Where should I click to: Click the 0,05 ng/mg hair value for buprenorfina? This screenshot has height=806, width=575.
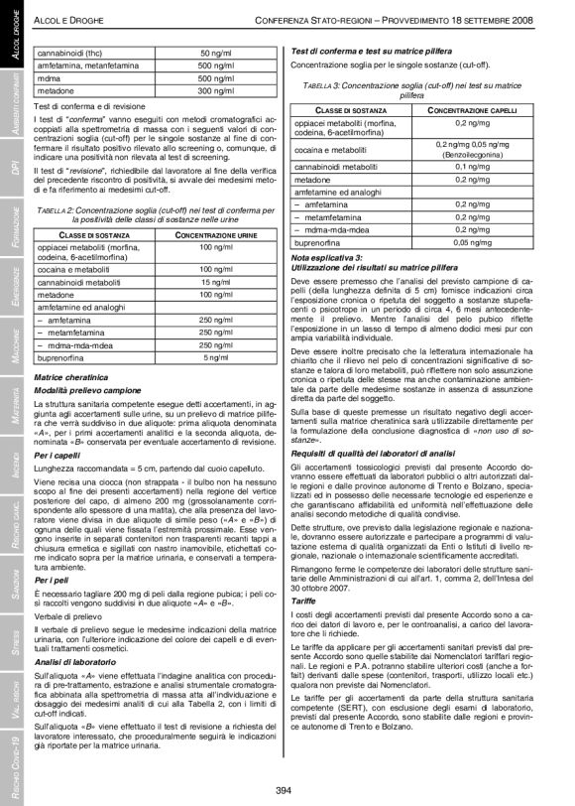(475, 241)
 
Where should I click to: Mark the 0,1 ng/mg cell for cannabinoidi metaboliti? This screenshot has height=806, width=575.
(475, 166)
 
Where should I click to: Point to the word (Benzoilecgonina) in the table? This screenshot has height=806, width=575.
(475, 155)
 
